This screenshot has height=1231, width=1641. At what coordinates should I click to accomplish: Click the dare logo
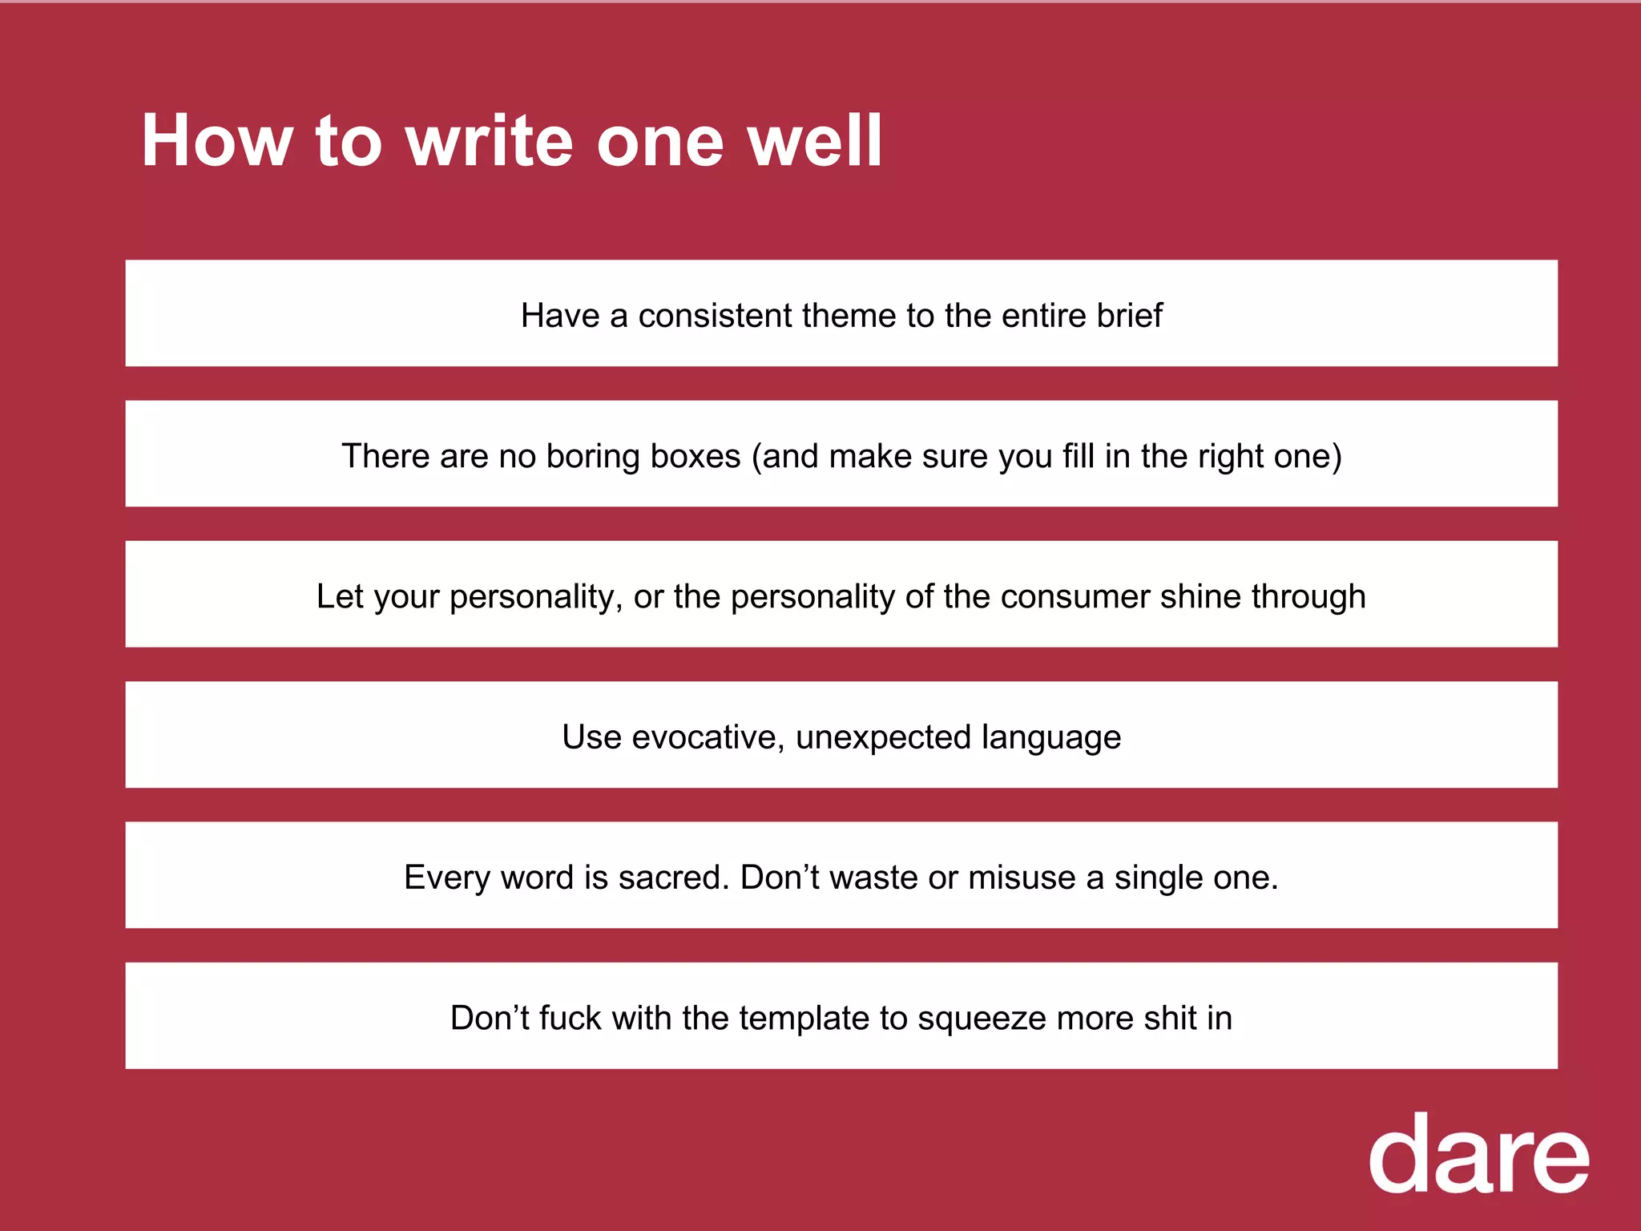[x=1478, y=1155]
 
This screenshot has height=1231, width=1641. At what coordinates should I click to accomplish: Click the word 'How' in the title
[x=216, y=141]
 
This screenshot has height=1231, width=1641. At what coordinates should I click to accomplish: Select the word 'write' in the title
[x=490, y=141]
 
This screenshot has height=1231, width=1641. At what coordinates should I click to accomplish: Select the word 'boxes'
[x=696, y=457]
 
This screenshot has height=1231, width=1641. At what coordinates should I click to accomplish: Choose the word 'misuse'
[x=1022, y=878]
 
